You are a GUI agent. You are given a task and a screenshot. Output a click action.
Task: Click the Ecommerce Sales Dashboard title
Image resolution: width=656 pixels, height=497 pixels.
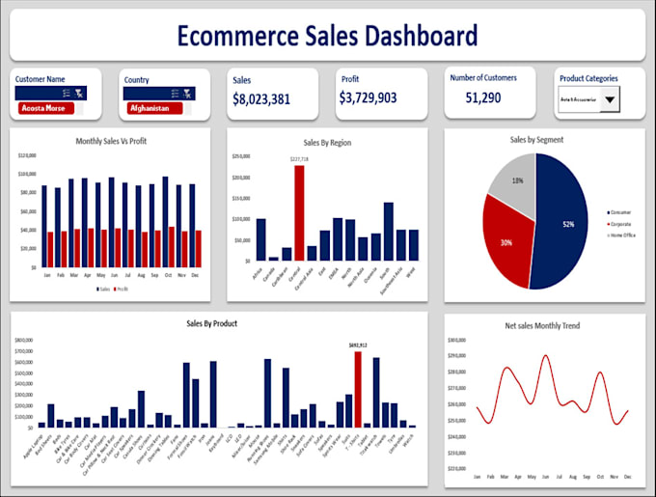[x=327, y=36]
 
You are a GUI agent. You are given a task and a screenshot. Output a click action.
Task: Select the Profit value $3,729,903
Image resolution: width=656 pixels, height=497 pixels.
[x=368, y=98]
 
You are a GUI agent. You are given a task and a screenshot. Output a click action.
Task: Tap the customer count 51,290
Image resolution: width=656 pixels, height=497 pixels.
[x=483, y=97]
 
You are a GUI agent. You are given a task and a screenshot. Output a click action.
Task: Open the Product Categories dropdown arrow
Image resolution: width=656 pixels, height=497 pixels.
[x=609, y=99]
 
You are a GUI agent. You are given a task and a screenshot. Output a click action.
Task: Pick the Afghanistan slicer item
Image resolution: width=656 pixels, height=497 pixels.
[x=150, y=108]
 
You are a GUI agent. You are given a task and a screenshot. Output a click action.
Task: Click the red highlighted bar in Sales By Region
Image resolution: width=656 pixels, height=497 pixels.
[x=299, y=212]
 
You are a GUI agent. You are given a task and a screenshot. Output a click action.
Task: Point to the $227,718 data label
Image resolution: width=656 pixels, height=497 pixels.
[x=299, y=159]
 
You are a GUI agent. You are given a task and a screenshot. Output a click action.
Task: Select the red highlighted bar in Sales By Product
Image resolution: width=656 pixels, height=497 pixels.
[x=358, y=389]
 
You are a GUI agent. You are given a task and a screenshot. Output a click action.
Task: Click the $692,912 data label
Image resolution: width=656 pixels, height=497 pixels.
[x=358, y=345]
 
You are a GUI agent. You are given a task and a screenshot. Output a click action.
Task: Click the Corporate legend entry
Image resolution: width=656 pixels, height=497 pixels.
[x=621, y=223]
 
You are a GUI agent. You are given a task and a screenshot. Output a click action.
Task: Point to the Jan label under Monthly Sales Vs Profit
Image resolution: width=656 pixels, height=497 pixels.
[x=45, y=275]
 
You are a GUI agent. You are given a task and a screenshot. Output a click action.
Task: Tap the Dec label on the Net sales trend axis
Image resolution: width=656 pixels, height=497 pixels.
[x=627, y=477]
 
